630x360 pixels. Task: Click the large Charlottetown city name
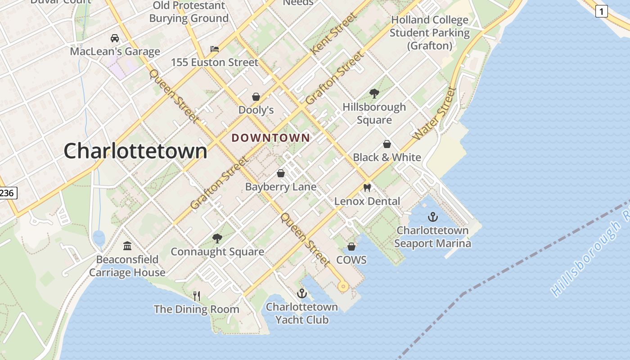[x=135, y=151]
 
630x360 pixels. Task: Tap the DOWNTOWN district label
[x=271, y=138]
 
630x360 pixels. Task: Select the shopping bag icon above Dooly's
[x=256, y=97]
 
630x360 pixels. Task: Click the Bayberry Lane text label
[x=281, y=187]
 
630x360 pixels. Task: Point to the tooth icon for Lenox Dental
[x=367, y=188]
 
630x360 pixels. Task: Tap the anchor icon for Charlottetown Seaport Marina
[x=432, y=217]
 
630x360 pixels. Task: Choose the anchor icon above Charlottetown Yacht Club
[x=301, y=294]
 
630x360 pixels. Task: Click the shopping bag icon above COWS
[x=351, y=247]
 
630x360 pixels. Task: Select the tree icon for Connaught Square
[x=217, y=238]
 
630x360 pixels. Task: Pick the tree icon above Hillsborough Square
[x=374, y=94]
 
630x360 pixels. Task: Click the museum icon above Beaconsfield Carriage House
[x=127, y=246]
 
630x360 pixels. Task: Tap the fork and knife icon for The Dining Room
[x=197, y=296]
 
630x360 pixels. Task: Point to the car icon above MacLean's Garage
[x=115, y=38]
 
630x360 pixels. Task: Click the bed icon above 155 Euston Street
[x=215, y=49]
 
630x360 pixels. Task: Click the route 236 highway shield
[x=7, y=193]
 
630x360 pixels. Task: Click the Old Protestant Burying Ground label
[x=189, y=12]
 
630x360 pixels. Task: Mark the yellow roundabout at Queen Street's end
[x=343, y=286]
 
